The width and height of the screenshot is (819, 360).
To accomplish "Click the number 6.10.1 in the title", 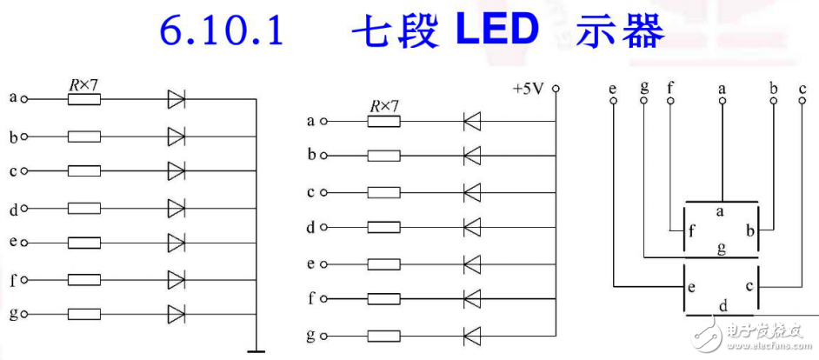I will (222, 32).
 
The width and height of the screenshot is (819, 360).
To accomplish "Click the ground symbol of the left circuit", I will (256, 350).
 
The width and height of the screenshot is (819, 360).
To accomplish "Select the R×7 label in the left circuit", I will (83, 85).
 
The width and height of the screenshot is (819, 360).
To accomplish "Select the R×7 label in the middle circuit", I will (383, 106).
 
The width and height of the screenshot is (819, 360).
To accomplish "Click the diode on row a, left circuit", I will (176, 100).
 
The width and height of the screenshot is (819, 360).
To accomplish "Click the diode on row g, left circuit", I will (176, 314).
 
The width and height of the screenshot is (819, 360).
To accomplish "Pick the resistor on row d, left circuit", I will (83, 208).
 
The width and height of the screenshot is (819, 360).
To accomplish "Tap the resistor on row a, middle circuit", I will (383, 121).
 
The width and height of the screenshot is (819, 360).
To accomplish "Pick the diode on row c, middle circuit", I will (472, 192).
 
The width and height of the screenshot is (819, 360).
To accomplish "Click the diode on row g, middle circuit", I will (472, 335).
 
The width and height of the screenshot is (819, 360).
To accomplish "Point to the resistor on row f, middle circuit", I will (383, 299).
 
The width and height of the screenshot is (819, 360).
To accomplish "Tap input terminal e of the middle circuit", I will (324, 263).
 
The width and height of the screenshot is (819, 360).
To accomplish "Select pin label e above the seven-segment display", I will (614, 87).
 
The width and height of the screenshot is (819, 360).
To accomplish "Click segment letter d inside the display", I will (722, 307).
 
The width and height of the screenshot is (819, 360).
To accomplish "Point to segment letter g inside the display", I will (722, 249).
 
